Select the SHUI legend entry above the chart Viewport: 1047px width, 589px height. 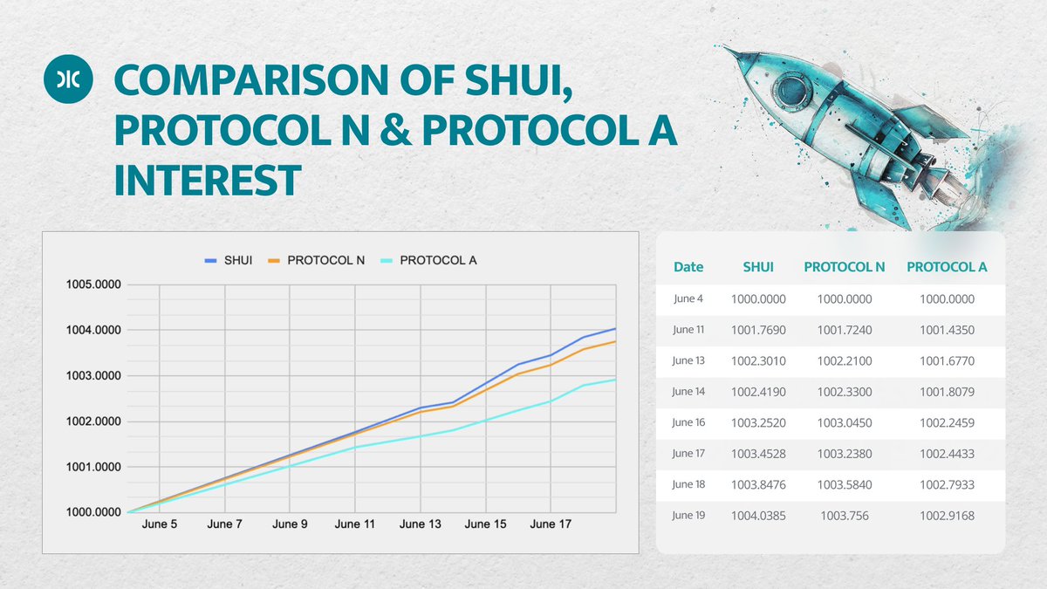pos(228,260)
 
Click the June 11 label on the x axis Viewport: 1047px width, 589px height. pos(355,524)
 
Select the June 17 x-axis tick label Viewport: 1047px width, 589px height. pos(551,524)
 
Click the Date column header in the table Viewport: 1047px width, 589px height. pos(688,267)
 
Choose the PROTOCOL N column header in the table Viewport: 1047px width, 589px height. pos(844,267)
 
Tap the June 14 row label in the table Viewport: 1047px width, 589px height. pos(688,392)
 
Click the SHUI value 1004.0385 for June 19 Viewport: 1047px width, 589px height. pos(758,516)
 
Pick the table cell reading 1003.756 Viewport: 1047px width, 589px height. pos(844,516)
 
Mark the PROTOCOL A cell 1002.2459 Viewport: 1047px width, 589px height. pos(947,423)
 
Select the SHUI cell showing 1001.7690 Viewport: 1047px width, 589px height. pos(758,330)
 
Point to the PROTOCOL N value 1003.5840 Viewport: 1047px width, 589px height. pos(844,485)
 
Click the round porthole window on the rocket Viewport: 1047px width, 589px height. pos(790,89)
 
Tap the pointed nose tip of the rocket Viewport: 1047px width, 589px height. pos(726,49)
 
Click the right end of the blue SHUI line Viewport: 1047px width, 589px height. pos(616,329)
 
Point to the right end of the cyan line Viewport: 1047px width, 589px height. pos(616,380)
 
